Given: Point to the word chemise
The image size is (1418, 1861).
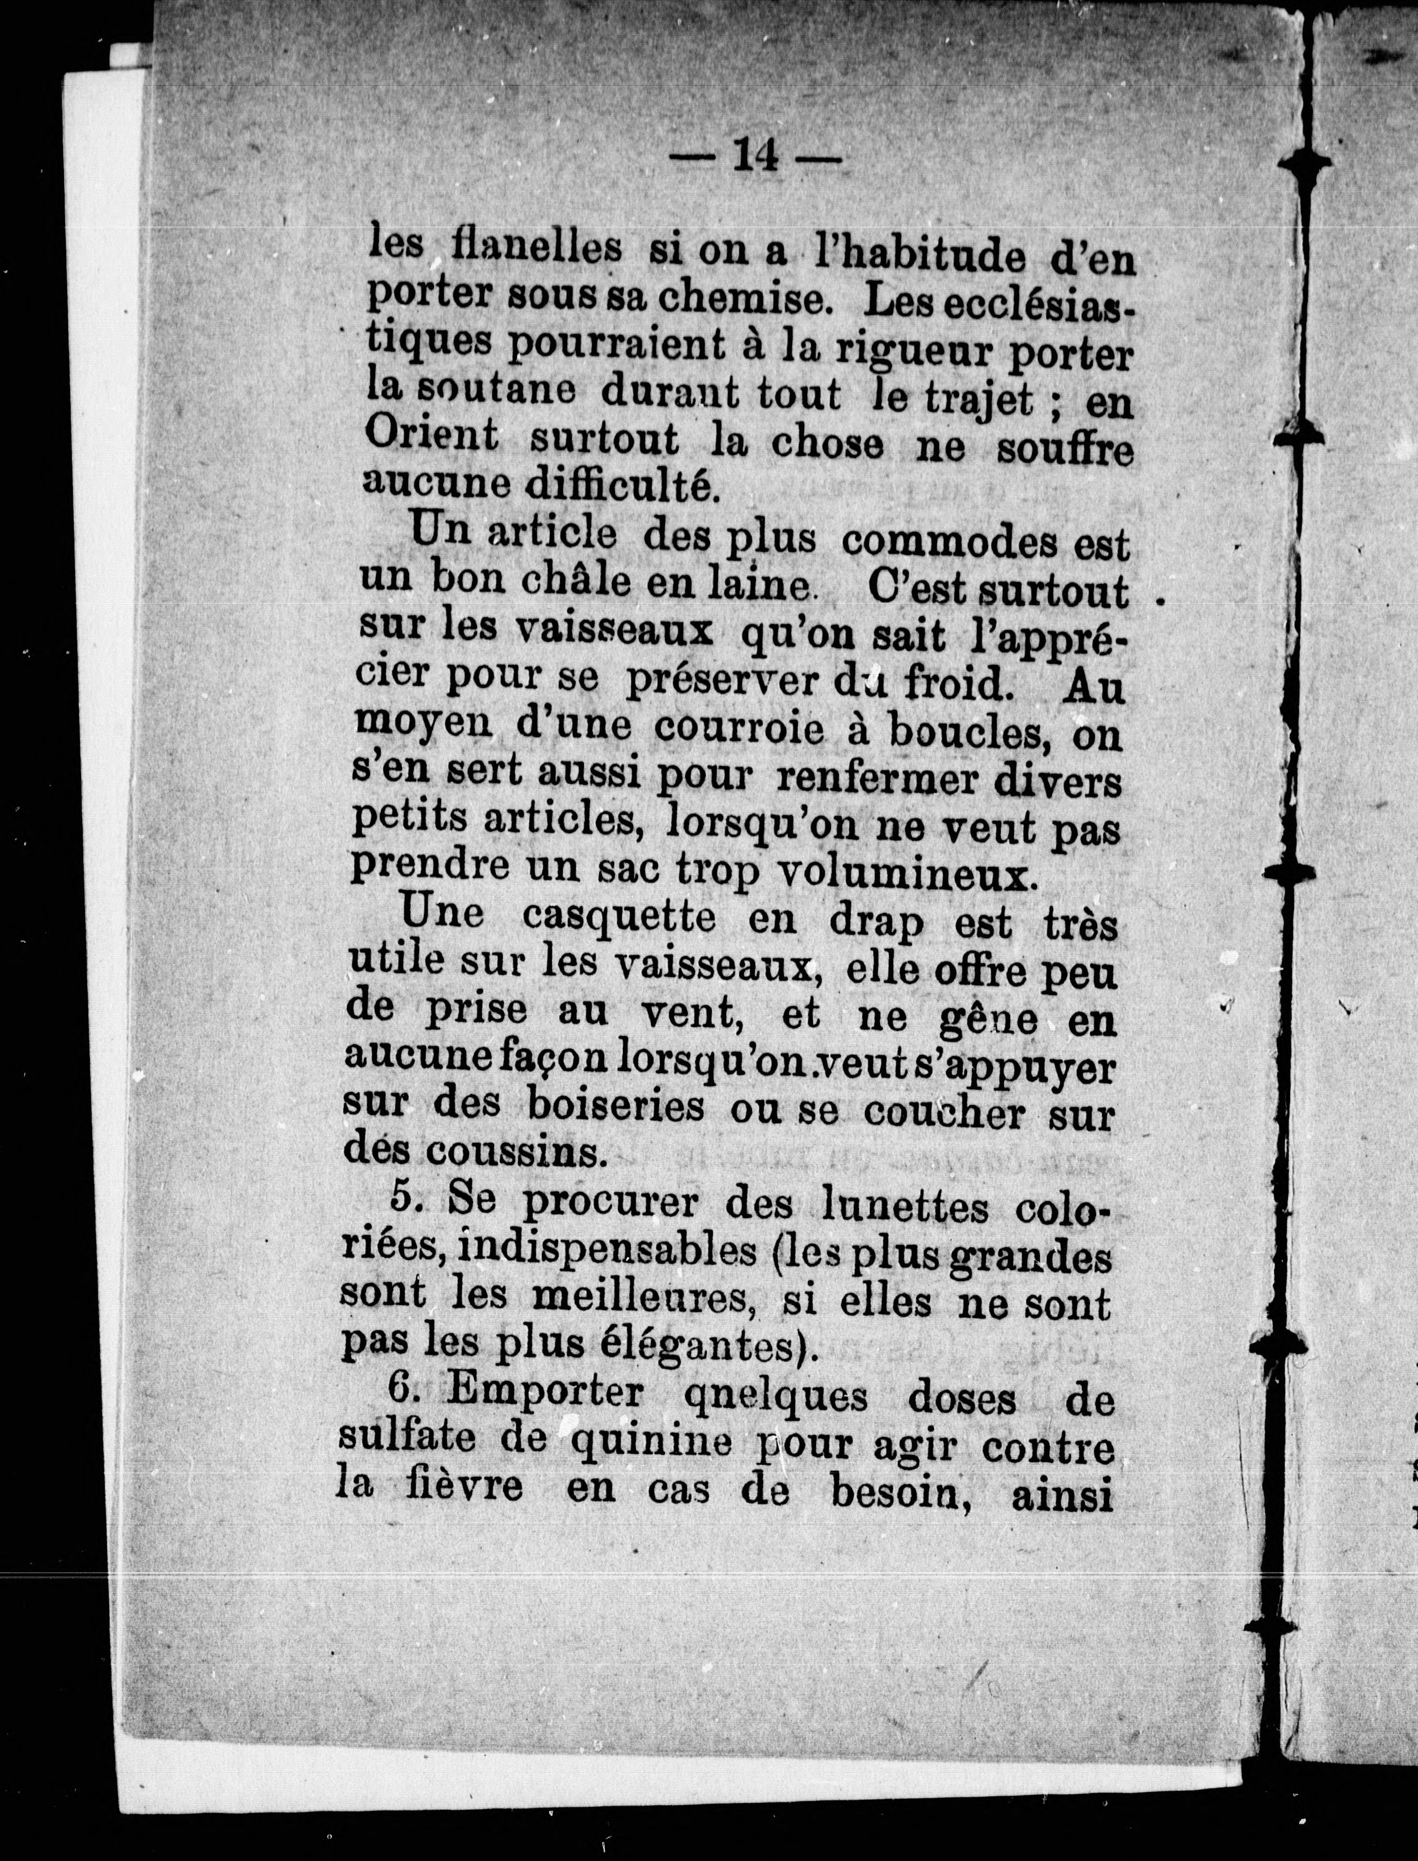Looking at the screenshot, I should coord(740,296).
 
